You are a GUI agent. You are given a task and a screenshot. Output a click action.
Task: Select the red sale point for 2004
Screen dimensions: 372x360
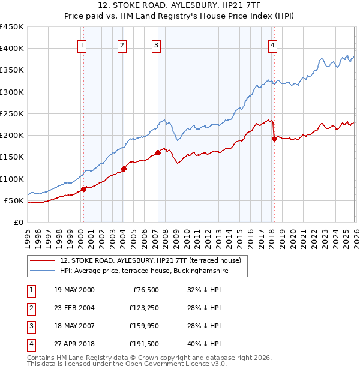(124, 169)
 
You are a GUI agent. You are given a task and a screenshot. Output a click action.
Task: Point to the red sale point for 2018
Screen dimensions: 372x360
(274, 139)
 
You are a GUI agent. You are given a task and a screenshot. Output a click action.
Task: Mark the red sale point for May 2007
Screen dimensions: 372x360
(158, 152)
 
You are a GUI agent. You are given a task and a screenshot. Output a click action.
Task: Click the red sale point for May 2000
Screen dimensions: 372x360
(83, 189)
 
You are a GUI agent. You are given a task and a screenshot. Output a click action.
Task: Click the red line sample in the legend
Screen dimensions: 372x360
(43, 261)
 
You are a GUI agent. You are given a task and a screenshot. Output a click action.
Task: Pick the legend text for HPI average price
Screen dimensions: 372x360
(144, 271)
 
